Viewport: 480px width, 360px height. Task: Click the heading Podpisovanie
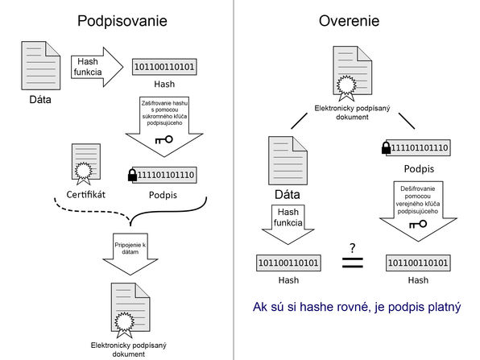click(122, 21)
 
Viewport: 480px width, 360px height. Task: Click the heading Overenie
click(349, 21)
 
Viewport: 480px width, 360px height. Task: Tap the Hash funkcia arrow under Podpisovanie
click(97, 67)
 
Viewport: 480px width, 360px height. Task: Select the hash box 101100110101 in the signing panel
click(164, 67)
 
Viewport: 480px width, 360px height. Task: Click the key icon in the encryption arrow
click(164, 140)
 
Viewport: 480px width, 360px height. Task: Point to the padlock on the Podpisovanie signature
click(132, 176)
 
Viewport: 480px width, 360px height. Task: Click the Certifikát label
click(85, 194)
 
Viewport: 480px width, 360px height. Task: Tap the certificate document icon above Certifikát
click(85, 164)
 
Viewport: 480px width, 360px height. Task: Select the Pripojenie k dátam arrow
click(130, 254)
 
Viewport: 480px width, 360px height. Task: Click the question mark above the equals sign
click(353, 248)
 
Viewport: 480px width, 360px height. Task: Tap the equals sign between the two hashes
click(352, 263)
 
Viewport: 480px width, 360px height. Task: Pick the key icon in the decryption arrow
click(418, 225)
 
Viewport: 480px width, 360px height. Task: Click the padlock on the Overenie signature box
click(386, 147)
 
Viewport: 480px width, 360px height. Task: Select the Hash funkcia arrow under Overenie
click(288, 225)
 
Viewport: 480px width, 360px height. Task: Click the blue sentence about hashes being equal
click(357, 307)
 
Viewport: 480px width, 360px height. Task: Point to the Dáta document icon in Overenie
click(288, 160)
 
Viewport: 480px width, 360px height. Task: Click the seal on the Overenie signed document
click(346, 85)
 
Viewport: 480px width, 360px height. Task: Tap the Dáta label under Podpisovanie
click(40, 100)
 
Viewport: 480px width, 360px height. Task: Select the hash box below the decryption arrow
click(418, 263)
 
